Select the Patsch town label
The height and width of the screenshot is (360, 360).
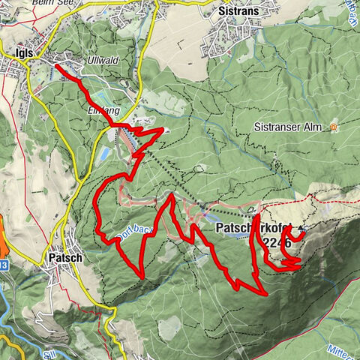(x=65, y=257)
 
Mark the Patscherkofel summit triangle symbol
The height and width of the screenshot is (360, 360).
(x=303, y=227)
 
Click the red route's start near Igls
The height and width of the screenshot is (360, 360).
(x=57, y=66)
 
